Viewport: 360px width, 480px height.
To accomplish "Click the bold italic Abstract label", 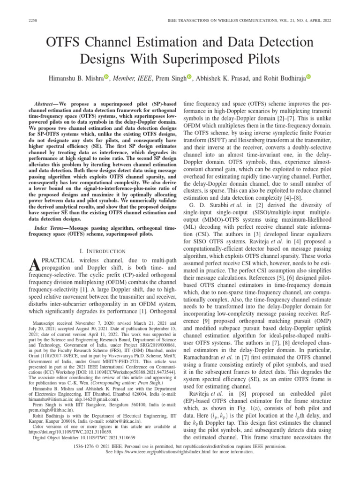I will tap(49, 102).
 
